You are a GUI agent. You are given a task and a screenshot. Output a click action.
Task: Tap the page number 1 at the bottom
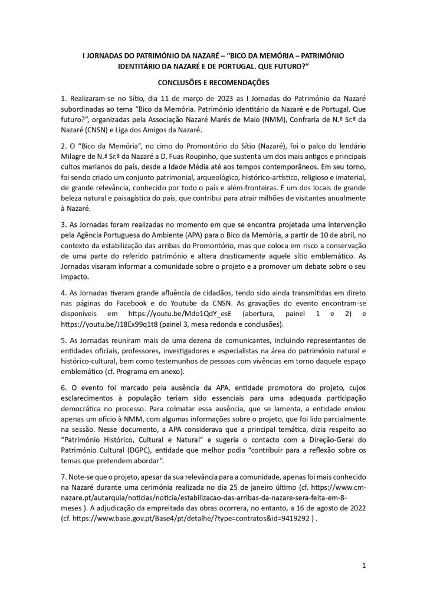tap(364, 565)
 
